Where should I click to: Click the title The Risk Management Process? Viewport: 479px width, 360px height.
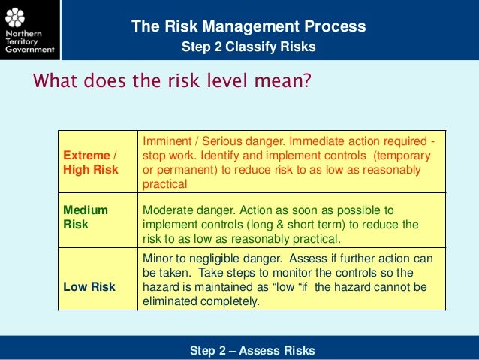[249, 27]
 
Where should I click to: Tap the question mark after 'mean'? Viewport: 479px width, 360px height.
[306, 80]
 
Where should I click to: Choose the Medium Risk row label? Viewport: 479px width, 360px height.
[86, 217]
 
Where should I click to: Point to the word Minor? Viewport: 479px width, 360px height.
[158, 259]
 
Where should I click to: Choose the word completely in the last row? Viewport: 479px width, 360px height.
[230, 301]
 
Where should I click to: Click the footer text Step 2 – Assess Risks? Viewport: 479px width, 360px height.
[252, 350]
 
